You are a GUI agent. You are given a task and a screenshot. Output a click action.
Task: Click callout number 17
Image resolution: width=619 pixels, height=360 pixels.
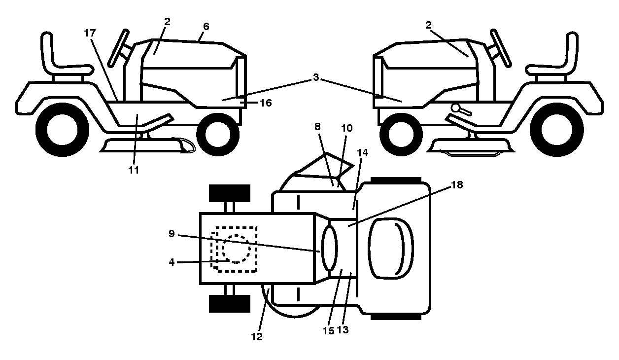pyautogui.click(x=90, y=33)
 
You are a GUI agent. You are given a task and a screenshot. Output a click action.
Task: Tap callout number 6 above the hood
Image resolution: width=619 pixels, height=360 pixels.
pyautogui.click(x=206, y=27)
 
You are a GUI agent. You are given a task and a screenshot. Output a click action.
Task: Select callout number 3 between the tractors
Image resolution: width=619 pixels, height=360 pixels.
pyautogui.click(x=316, y=77)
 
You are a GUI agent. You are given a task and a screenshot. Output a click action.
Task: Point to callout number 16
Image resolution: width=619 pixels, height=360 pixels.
pyautogui.click(x=266, y=103)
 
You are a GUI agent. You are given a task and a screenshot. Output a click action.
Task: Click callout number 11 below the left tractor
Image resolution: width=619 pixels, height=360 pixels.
pyautogui.click(x=134, y=170)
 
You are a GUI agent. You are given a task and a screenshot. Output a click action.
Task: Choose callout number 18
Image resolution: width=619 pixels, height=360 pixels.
pyautogui.click(x=457, y=185)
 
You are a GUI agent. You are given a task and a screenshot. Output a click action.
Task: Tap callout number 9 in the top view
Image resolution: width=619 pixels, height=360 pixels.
pyautogui.click(x=172, y=234)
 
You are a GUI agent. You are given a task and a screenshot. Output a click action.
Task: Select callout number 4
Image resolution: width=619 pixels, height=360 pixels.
pyautogui.click(x=172, y=262)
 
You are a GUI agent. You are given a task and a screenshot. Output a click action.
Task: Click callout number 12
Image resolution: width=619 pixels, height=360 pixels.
pyautogui.click(x=257, y=337)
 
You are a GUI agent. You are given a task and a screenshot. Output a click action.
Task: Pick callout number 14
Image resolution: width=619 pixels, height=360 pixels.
pyautogui.click(x=363, y=152)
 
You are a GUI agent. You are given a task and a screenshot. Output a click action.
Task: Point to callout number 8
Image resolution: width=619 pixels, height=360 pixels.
pyautogui.click(x=317, y=127)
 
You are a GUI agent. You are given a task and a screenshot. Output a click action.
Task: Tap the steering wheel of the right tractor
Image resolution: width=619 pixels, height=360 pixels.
pyautogui.click(x=501, y=48)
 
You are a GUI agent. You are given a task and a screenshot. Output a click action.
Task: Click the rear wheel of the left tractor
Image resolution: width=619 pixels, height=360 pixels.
pyautogui.click(x=63, y=130)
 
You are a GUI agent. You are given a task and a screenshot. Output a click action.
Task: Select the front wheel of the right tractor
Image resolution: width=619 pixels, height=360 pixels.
pyautogui.click(x=401, y=134)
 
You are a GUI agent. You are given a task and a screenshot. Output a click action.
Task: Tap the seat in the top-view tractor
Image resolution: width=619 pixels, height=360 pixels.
pyautogui.click(x=391, y=248)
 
